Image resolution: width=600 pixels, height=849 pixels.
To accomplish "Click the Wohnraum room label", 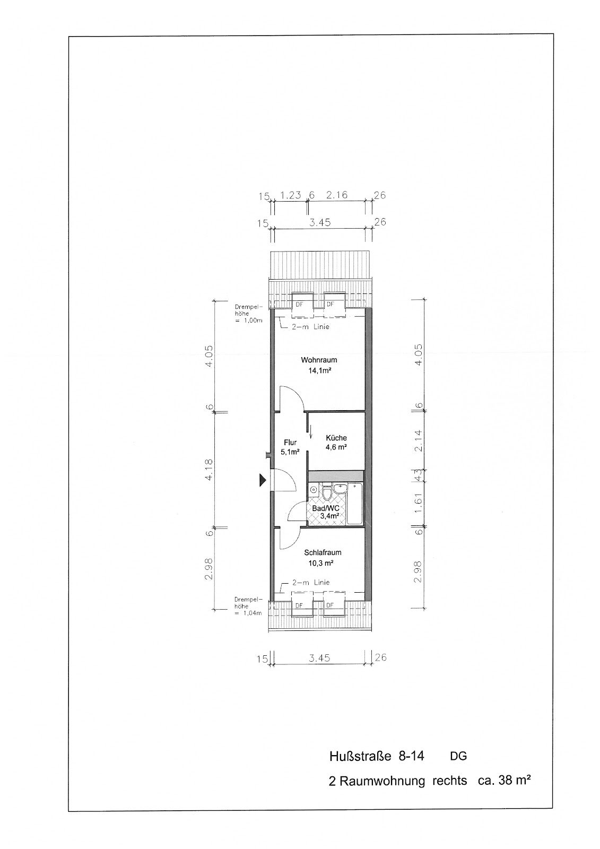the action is coord(319,360).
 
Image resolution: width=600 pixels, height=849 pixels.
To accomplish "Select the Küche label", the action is coord(336,438).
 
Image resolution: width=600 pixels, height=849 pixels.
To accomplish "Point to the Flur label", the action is coord(290,443).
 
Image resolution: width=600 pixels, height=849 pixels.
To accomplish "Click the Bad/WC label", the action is coord(325,508).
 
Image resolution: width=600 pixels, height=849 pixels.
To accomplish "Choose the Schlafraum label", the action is coord(323,552).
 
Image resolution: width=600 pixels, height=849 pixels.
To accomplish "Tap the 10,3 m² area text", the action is coord(320,563).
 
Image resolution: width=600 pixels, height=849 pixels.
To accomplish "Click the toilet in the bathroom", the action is coord(327,493).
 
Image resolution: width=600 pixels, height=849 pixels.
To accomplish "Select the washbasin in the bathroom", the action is coord(340,489).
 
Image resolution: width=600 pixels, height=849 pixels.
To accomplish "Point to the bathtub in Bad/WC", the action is coord(355,504).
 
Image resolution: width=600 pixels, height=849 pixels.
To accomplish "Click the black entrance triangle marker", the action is coord(263,480).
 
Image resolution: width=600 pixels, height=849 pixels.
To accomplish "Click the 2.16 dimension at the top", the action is coord(337,195).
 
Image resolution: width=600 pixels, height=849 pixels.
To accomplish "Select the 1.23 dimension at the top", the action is coord(290,195).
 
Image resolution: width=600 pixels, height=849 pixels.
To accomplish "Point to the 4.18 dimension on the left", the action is coord(209,470).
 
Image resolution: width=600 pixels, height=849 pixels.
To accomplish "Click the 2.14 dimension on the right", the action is coord(418,440).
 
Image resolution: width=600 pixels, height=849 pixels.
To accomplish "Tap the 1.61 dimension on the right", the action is coord(418,504).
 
